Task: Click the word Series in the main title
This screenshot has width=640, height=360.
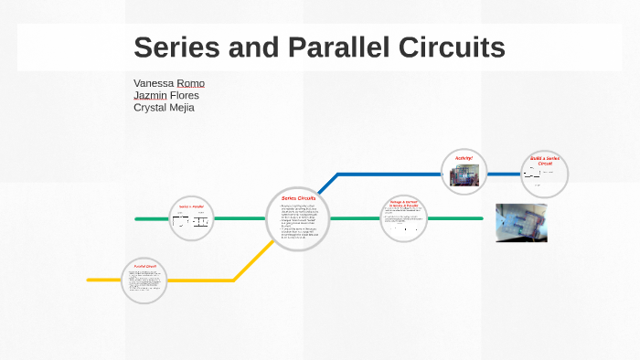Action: (177, 47)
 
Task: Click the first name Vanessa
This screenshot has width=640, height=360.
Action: (153, 83)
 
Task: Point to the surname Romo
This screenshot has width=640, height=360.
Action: (191, 83)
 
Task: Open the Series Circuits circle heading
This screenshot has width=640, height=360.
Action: (298, 198)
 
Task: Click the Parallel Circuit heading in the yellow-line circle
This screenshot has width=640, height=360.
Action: (146, 267)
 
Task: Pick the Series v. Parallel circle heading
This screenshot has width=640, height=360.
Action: (191, 207)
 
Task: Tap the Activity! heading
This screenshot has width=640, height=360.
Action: (464, 158)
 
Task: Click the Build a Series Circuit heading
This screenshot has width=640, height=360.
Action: (545, 161)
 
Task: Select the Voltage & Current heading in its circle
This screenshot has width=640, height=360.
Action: (403, 203)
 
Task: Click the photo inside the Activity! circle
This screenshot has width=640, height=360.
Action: (463, 175)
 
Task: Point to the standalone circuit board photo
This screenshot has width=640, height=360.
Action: (521, 222)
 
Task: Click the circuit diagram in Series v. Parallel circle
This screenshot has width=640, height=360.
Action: (191, 221)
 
